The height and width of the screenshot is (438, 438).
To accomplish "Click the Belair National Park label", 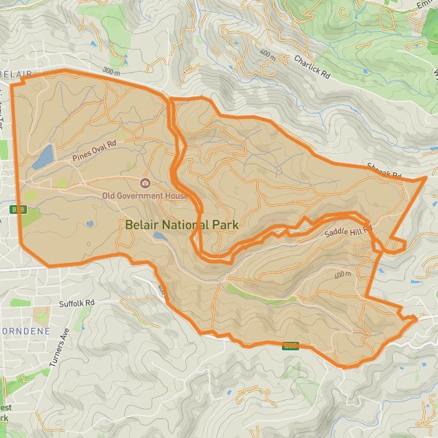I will click(x=182, y=225).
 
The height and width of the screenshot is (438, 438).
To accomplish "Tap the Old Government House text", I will click(x=145, y=195).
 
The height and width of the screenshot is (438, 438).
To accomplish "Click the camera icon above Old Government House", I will click(x=145, y=182).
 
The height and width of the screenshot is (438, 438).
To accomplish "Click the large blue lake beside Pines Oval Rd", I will click(x=43, y=156).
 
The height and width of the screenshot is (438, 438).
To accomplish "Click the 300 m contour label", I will click(x=111, y=71).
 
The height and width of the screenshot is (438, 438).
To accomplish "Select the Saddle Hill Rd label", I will click(x=348, y=231).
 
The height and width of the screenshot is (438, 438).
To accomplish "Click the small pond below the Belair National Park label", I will click(x=160, y=236).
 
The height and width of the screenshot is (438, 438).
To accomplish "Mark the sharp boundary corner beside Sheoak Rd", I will click(x=426, y=177).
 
